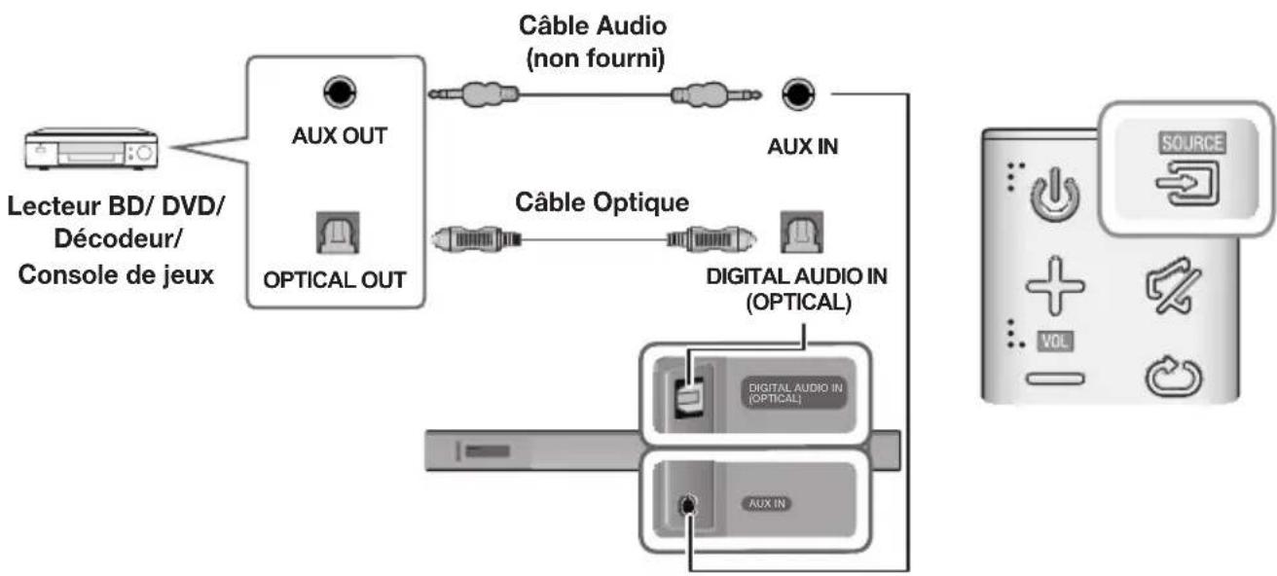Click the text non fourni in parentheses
coord(595,59)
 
